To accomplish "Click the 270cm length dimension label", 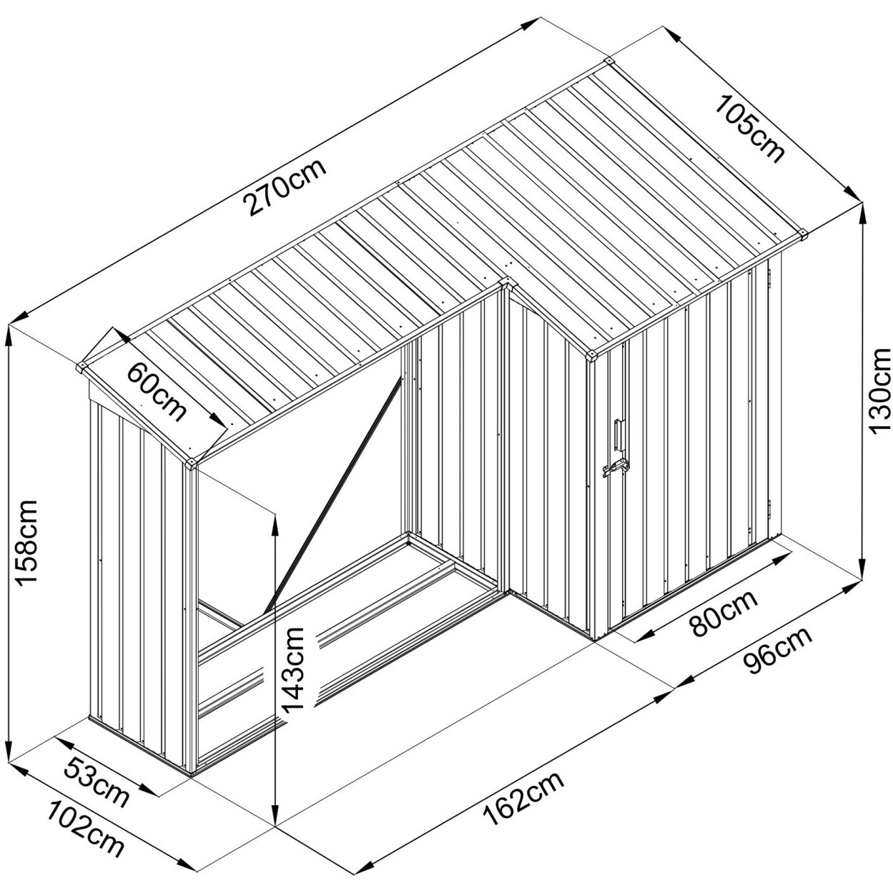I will (285, 187).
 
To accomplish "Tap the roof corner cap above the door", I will (593, 355).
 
